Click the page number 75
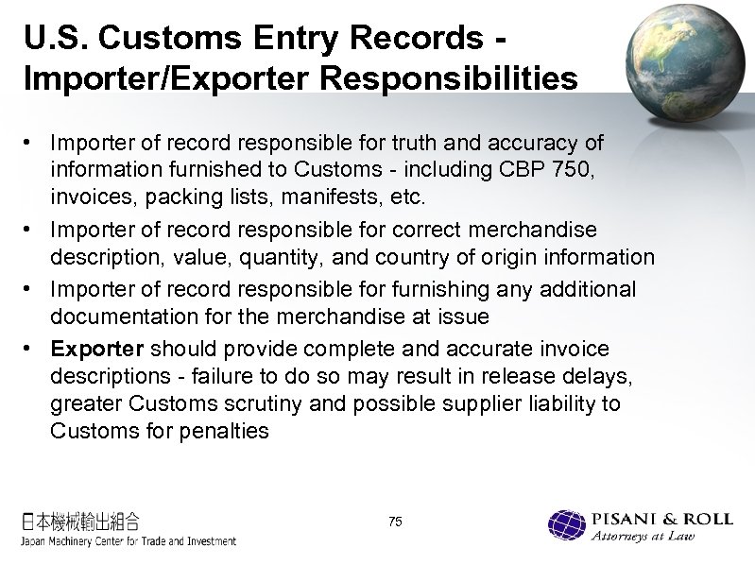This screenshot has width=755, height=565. coord(395,522)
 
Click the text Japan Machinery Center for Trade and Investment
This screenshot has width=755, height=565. coord(129,540)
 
